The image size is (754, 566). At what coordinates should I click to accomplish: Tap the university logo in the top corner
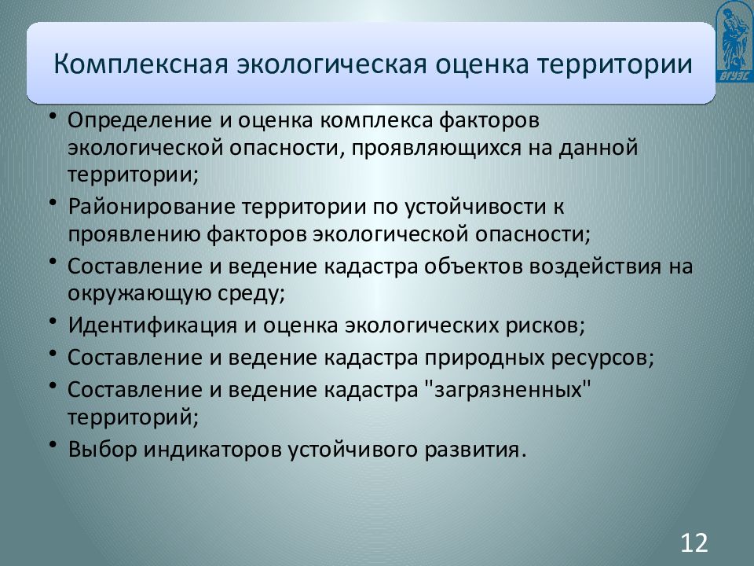point(734,41)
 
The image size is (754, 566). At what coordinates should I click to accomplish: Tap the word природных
point(483,357)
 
